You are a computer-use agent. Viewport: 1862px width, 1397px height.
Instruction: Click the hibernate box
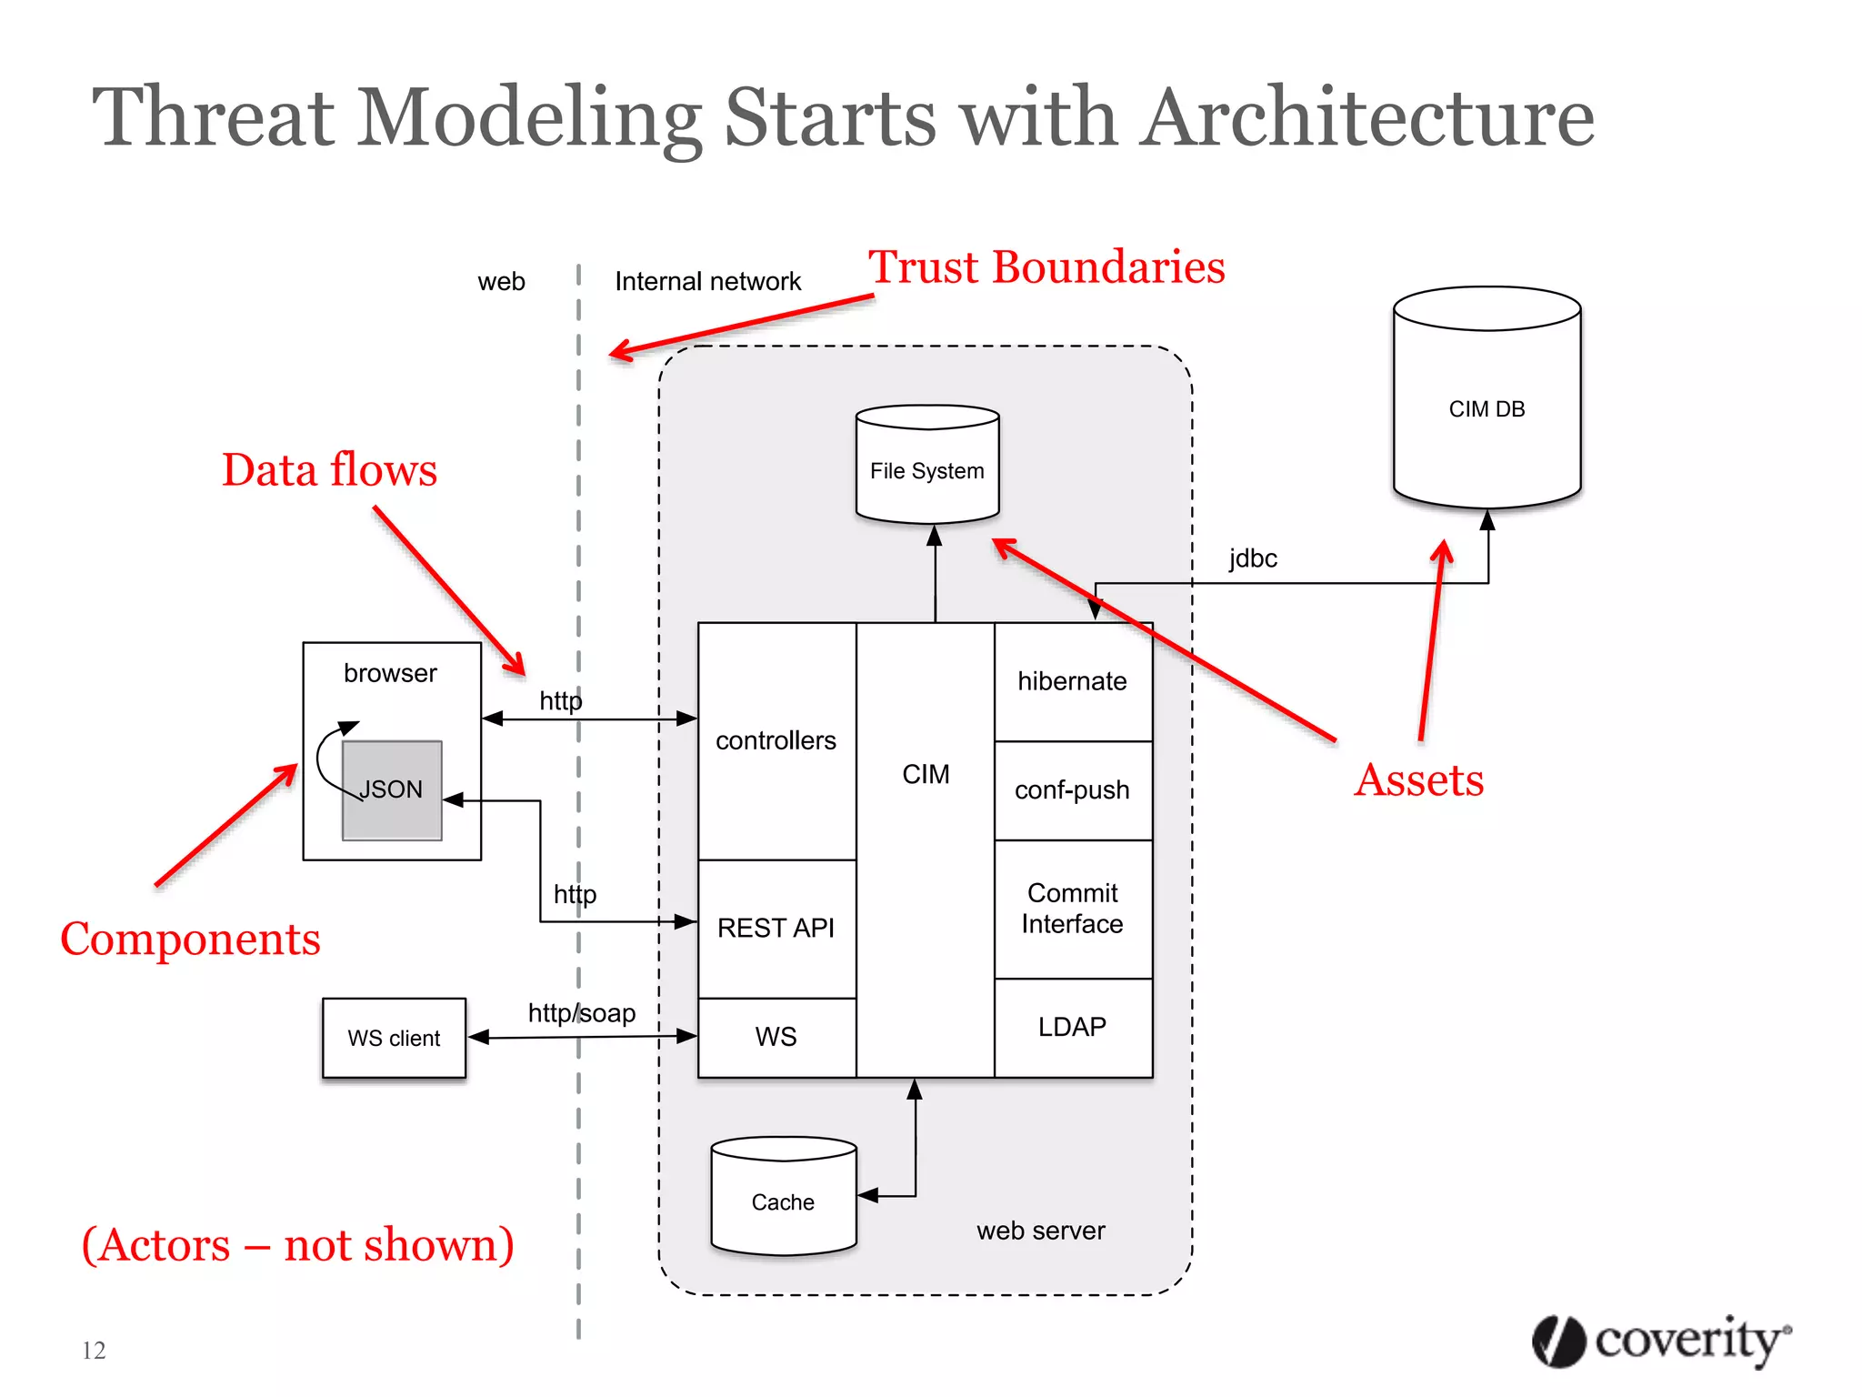point(1073,681)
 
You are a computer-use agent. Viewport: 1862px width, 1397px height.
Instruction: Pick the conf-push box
point(1073,790)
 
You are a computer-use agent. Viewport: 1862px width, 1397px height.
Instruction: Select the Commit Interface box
point(1073,909)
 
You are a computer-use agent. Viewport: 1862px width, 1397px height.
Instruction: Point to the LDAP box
point(1073,1028)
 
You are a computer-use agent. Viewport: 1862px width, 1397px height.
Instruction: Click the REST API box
point(776,928)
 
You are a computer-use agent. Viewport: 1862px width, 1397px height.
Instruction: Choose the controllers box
point(776,740)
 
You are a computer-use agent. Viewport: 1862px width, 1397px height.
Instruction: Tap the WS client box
point(394,1038)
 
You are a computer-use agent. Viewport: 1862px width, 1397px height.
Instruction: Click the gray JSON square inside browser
point(392,790)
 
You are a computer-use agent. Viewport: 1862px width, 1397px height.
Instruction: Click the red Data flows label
point(329,471)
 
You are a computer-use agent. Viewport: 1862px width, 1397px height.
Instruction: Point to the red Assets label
point(1418,780)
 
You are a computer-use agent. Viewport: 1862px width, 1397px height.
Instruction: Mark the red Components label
point(190,940)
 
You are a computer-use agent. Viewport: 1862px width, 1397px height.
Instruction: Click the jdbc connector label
point(1253,558)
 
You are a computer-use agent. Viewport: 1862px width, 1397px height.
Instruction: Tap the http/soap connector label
point(582,1013)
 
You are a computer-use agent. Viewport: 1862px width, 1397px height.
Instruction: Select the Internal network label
point(707,282)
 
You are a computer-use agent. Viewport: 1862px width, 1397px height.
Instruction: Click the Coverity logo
point(1661,1341)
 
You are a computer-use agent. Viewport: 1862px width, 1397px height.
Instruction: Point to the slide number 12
point(94,1351)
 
